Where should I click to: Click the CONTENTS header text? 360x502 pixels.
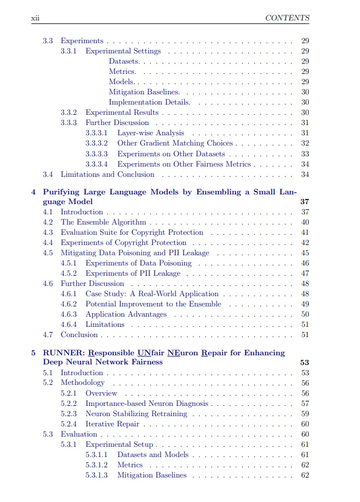point(287,18)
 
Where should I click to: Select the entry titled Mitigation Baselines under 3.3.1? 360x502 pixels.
point(144,92)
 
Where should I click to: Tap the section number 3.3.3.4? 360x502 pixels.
point(97,164)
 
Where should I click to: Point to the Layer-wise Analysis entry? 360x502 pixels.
point(151,133)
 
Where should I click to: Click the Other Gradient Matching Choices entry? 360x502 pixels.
point(175,143)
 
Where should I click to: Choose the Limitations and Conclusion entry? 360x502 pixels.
point(107,175)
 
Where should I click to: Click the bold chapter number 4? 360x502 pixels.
point(34,192)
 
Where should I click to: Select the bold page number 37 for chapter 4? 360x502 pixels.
point(304,202)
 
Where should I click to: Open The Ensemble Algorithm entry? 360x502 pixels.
point(104,222)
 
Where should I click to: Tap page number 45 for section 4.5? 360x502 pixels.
point(305,253)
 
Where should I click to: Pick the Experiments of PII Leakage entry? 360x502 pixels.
point(133,273)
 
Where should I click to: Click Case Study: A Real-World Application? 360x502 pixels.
point(152,294)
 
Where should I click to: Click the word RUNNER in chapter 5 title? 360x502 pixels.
point(61,353)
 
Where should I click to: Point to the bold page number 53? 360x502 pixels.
point(304,363)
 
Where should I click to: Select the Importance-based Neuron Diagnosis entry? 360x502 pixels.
point(147,404)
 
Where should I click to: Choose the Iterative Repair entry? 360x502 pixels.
point(112,424)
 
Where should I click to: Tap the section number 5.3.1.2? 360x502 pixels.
point(97,465)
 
